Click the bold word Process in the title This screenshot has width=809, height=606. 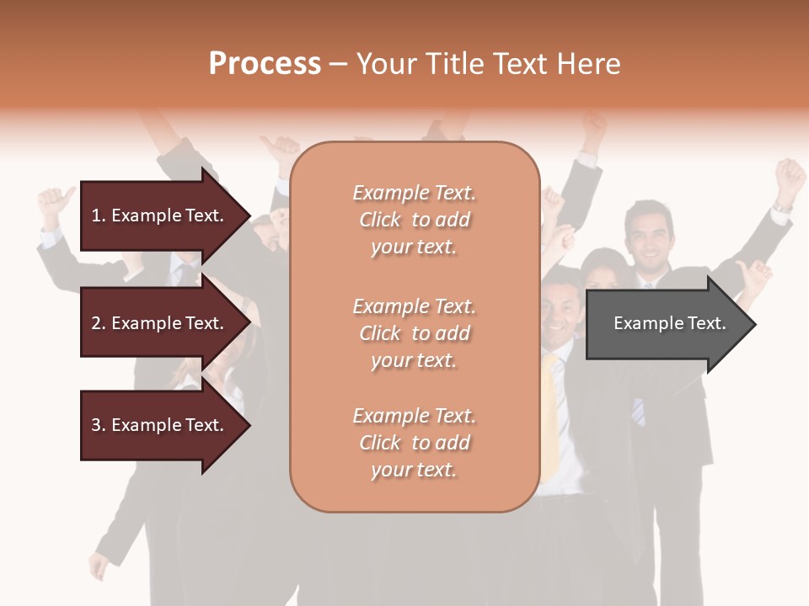tap(265, 64)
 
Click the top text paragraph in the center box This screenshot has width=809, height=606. tap(414, 220)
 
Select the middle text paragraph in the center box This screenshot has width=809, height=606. tap(414, 333)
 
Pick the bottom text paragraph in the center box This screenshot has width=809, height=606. tap(414, 443)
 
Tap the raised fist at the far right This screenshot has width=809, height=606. tap(790, 175)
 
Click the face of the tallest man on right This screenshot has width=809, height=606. tap(649, 234)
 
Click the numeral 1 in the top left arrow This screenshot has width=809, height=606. tap(95, 215)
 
